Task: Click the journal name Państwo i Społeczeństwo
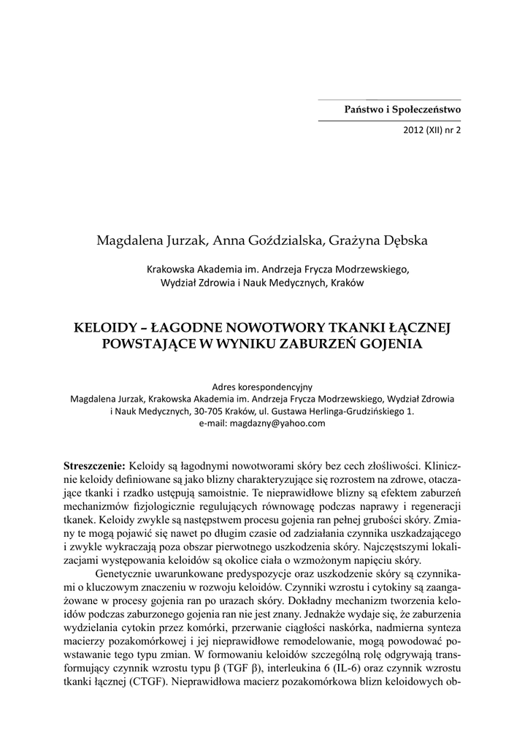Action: coord(402,110)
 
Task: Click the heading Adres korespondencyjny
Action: coord(261,386)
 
